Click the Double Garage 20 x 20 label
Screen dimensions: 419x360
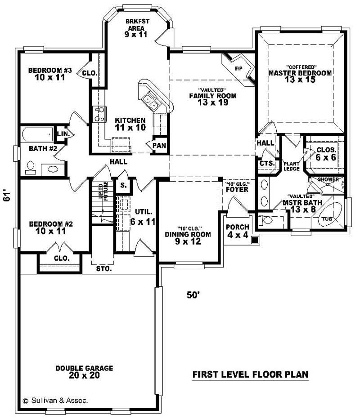[x=84, y=371]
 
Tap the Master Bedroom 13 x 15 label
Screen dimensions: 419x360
[x=300, y=76]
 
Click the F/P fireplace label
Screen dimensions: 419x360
[x=238, y=68]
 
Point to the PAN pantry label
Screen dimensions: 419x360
[x=159, y=145]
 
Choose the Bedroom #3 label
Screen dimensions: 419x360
[x=50, y=74]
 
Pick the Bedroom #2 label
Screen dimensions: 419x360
[x=50, y=227]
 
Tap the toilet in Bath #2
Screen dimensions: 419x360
[x=30, y=167]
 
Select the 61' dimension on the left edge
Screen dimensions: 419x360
[x=7, y=196]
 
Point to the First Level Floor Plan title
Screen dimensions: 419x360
[x=251, y=374]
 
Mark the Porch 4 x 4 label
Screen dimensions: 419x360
[x=237, y=231]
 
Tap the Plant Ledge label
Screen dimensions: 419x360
[x=291, y=166]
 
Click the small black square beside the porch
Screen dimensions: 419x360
[x=255, y=241]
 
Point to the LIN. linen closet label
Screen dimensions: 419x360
[x=62, y=134]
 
